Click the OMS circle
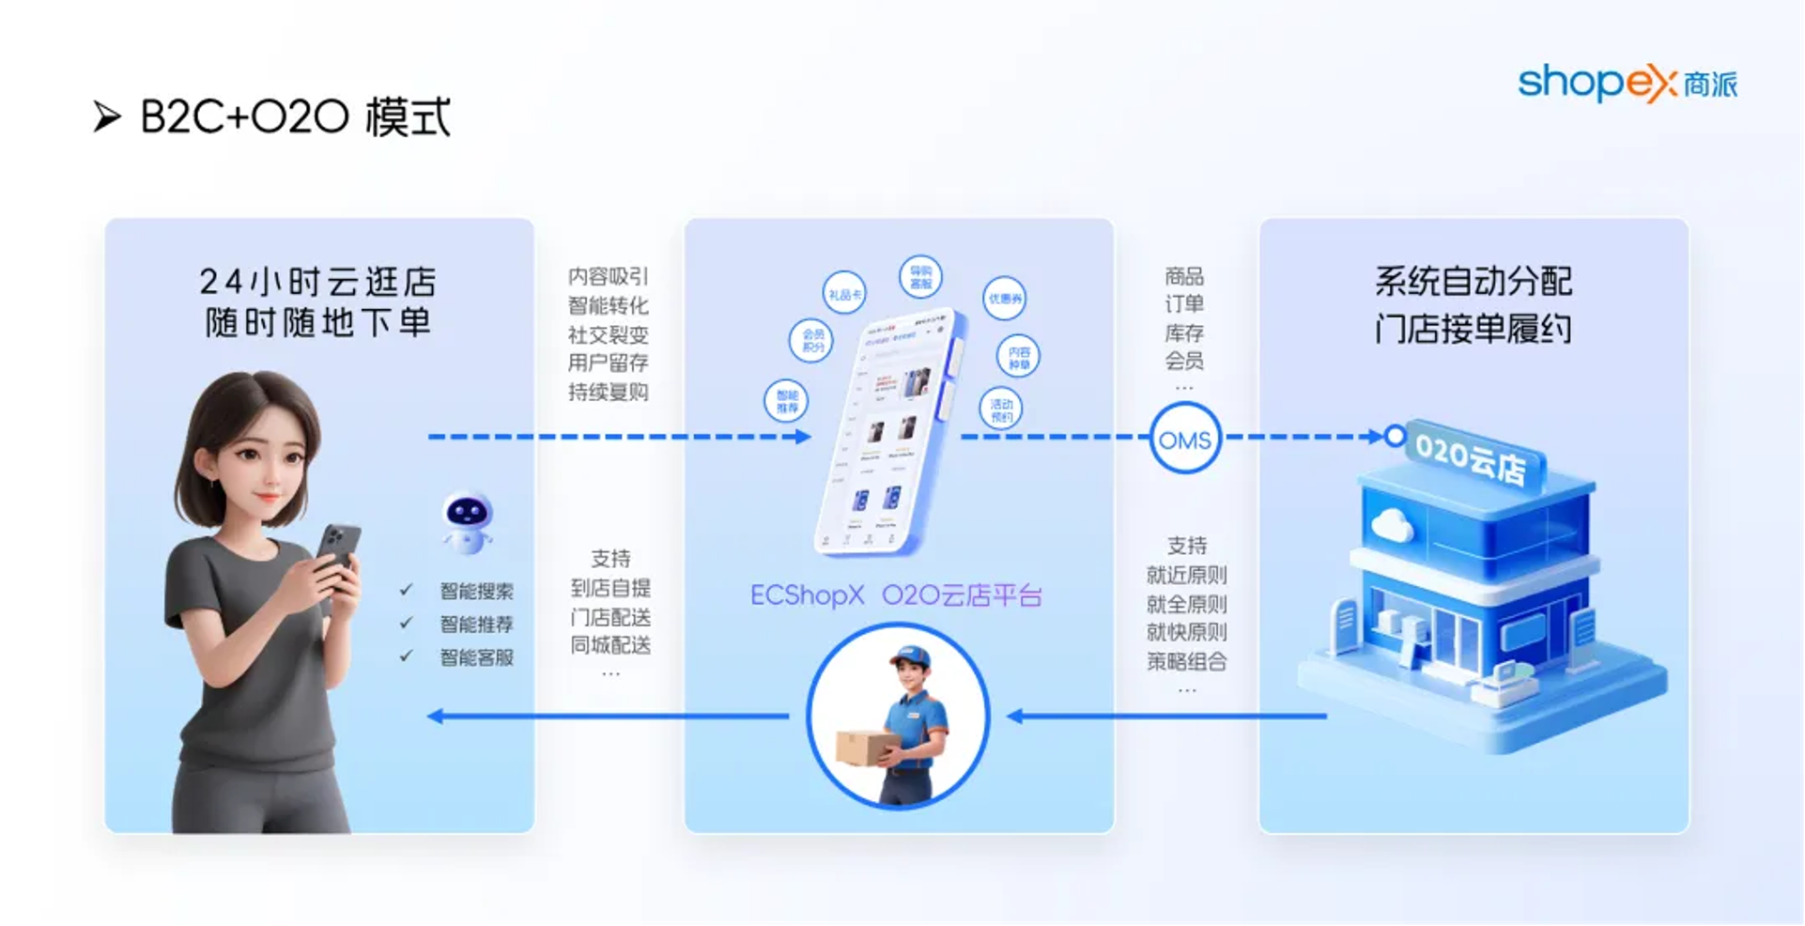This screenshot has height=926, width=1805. click(1184, 439)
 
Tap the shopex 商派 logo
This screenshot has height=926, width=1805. click(1628, 83)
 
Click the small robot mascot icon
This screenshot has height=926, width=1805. click(467, 521)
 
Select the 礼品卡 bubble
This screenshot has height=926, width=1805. click(844, 294)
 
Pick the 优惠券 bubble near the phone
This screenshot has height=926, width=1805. click(1004, 299)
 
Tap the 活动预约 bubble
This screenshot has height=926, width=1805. click(1001, 409)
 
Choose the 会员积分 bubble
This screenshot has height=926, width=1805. click(812, 340)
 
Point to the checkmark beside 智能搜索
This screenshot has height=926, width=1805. click(406, 590)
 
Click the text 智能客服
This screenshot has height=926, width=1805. click(476, 657)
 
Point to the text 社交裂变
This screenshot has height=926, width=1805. click(608, 334)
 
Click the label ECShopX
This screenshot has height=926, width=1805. click(807, 595)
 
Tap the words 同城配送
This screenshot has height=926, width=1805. click(610, 645)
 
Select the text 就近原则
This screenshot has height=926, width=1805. click(1186, 575)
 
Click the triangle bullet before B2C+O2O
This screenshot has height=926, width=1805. click(107, 117)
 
